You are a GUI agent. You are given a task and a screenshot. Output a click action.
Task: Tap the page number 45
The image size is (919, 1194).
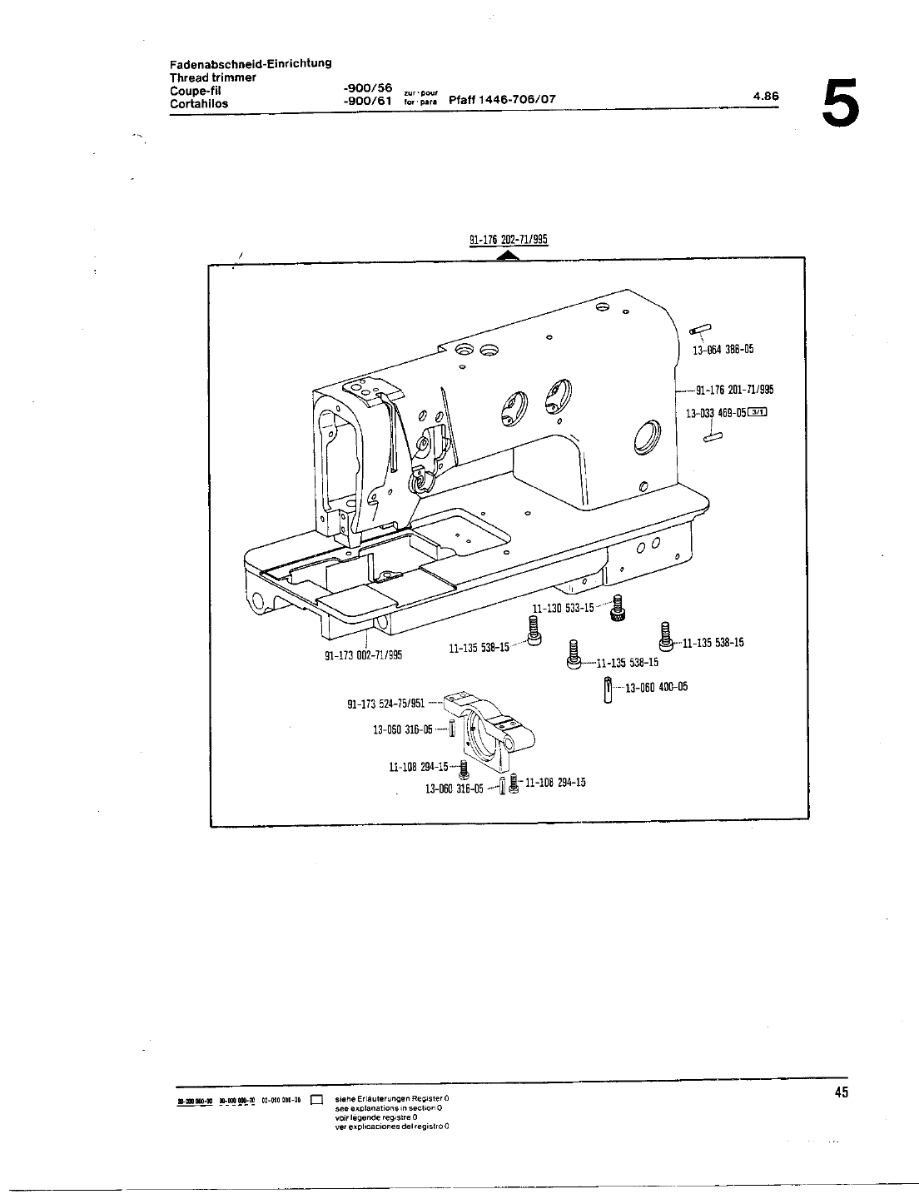(x=841, y=1093)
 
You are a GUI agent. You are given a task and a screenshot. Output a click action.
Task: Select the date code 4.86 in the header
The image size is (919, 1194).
(x=766, y=96)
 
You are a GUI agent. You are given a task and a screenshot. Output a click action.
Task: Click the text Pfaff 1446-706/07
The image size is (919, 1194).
(x=502, y=101)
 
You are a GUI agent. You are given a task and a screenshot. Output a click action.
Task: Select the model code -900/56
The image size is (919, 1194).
(x=367, y=88)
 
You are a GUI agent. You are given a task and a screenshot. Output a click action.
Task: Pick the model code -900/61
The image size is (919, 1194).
(x=367, y=102)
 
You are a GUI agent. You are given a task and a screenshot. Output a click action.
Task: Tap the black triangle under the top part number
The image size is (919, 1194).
(x=508, y=255)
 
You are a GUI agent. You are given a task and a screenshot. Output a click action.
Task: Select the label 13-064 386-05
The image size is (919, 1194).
(x=723, y=350)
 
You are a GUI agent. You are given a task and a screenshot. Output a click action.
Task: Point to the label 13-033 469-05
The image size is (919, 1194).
(x=716, y=412)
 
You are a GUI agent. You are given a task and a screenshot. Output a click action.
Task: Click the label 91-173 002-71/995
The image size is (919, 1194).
(x=363, y=654)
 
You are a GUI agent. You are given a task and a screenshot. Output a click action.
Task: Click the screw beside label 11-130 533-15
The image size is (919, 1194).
(x=617, y=608)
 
